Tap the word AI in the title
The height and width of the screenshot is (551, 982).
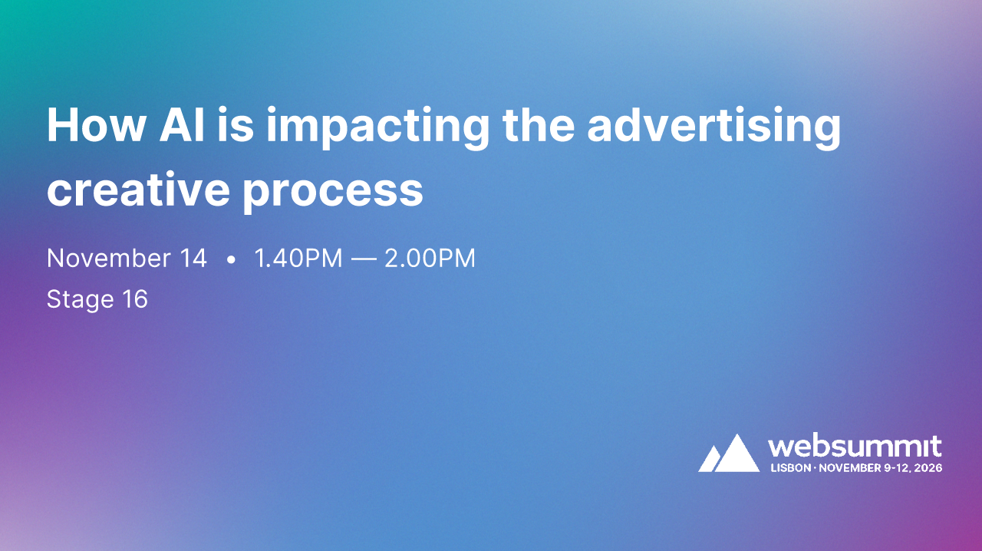pyautogui.click(x=182, y=124)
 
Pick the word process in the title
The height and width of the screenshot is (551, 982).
pyautogui.click(x=333, y=192)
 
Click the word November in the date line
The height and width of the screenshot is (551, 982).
pyautogui.click(x=107, y=259)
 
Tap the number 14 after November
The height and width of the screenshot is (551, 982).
pyautogui.click(x=192, y=259)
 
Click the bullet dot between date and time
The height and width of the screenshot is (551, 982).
pyautogui.click(x=231, y=260)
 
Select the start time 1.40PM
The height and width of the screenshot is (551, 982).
pyautogui.click(x=298, y=259)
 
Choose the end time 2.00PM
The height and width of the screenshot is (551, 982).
pyautogui.click(x=430, y=259)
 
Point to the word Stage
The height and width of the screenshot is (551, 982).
pyautogui.click(x=80, y=299)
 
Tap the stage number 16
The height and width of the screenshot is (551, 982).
pyautogui.click(x=134, y=299)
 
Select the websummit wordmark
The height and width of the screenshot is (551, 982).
pyautogui.click(x=855, y=447)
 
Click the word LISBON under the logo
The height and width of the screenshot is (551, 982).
pyautogui.click(x=790, y=467)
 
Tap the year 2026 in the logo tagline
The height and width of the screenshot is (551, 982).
pyautogui.click(x=928, y=467)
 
